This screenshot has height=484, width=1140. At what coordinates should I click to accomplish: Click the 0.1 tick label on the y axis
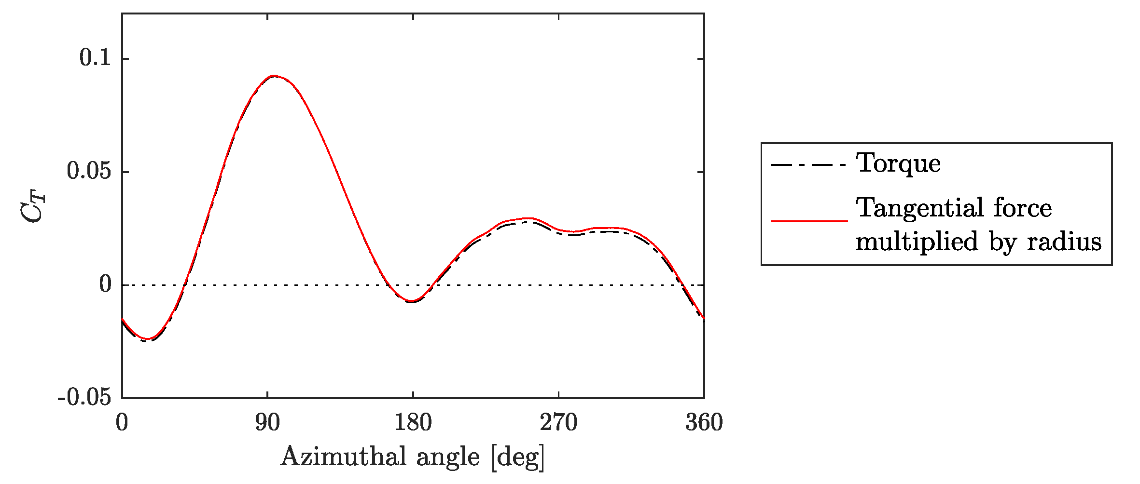click(95, 58)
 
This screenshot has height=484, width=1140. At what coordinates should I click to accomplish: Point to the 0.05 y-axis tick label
click(89, 171)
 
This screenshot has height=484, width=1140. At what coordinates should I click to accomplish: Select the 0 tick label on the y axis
click(105, 284)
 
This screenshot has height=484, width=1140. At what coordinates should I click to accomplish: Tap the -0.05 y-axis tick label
click(84, 398)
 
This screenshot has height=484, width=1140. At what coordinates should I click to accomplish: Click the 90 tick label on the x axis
click(267, 423)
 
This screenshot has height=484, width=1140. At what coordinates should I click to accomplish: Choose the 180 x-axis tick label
click(413, 423)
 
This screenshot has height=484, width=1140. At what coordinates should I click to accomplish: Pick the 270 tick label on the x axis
click(558, 423)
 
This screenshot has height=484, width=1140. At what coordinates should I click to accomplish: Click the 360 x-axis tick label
click(704, 423)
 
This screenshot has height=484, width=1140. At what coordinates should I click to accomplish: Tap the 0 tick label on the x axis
click(122, 423)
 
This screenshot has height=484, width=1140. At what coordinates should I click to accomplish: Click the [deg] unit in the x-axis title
click(518, 457)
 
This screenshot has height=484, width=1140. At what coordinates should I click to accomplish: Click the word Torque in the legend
click(898, 164)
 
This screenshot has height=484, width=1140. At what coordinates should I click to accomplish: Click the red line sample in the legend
click(809, 221)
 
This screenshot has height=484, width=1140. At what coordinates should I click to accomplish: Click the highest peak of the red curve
click(274, 76)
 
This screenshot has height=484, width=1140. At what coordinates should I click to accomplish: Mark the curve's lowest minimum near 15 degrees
click(148, 339)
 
